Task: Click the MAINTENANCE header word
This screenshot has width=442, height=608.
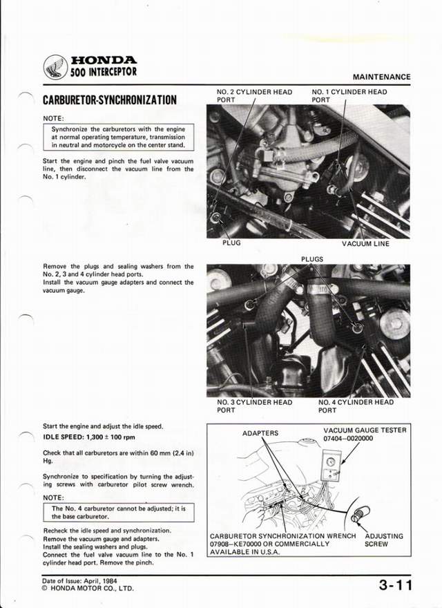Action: tap(381, 77)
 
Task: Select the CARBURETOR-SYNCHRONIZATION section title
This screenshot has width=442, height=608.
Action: tap(110, 99)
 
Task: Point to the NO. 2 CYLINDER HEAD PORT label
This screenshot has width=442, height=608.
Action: tap(254, 95)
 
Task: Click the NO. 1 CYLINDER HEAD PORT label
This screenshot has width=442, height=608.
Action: tap(349, 95)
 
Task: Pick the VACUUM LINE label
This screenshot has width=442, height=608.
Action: tap(365, 243)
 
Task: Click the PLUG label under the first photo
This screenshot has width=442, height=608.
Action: tap(231, 243)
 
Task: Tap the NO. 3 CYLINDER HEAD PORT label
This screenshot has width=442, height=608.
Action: tap(254, 406)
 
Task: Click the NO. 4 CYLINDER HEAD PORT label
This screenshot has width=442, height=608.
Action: tap(356, 406)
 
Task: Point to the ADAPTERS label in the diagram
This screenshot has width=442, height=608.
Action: tap(260, 433)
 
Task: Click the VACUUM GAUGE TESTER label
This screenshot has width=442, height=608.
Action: tap(365, 430)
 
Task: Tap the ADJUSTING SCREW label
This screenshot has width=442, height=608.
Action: tap(383, 540)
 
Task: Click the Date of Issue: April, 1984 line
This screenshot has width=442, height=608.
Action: tap(80, 581)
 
